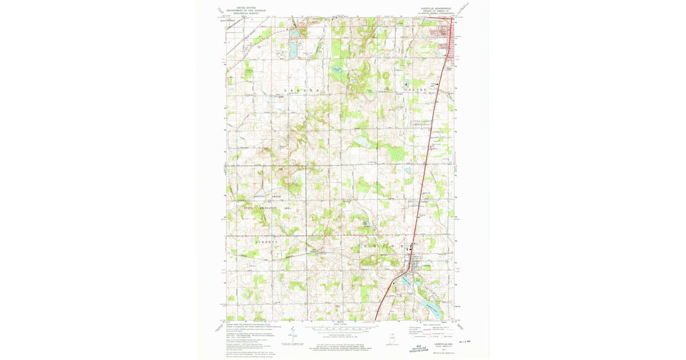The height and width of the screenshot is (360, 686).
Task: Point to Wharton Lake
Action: pos(337,71)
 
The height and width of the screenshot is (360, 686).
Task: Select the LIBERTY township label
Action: pos(266,242)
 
